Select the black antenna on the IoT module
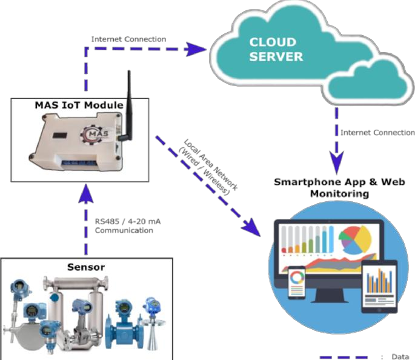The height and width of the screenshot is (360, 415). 128,109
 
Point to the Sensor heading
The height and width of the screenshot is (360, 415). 85,266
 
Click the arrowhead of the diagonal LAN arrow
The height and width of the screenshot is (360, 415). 249,227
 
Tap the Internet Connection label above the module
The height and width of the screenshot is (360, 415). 128,39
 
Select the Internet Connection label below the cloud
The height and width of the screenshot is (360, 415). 377,132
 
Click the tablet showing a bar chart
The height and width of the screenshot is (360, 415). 379,285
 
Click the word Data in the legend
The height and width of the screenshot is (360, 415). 398,356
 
